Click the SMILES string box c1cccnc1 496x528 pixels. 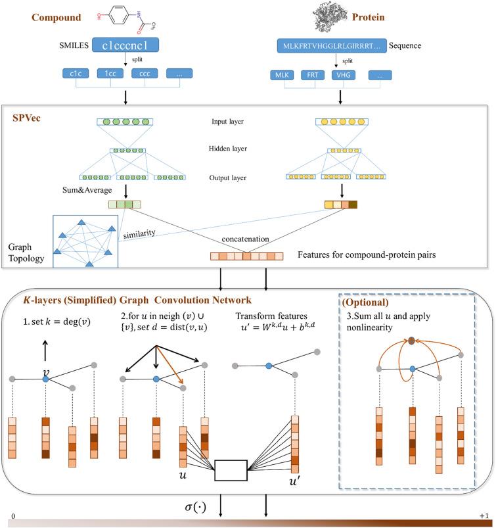click(126, 46)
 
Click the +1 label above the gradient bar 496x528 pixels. click(484, 516)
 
